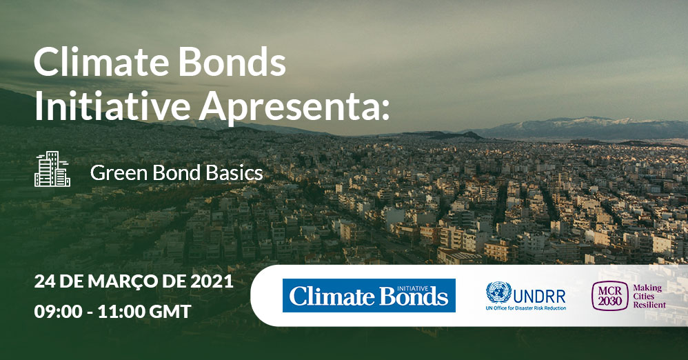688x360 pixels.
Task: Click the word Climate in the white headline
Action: [x=101, y=61]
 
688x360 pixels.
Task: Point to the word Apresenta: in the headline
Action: [x=294, y=108]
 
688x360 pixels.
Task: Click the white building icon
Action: [x=52, y=169]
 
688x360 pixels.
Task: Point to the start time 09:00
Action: [x=58, y=312]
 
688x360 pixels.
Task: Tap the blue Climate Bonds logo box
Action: [x=369, y=295]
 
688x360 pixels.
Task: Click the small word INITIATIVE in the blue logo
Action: [x=412, y=288]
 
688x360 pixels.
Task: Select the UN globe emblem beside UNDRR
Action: [x=498, y=292]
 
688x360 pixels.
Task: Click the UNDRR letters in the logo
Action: [x=539, y=297]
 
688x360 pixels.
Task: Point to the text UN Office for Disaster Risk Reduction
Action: [x=526, y=308]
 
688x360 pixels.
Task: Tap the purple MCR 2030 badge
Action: [x=610, y=297]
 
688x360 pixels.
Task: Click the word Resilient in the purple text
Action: [x=649, y=305]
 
